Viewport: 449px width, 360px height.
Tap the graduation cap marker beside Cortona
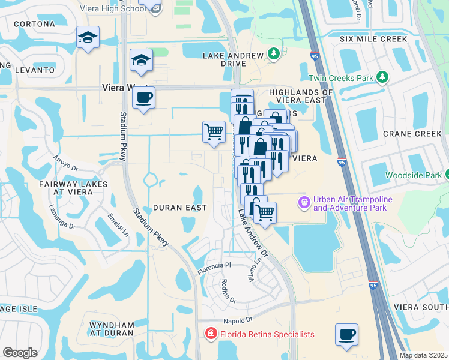click(88, 38)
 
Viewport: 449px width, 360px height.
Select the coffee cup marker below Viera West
click(143, 98)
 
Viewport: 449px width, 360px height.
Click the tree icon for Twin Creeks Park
click(382, 77)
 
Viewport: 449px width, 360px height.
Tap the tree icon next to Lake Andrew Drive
click(274, 55)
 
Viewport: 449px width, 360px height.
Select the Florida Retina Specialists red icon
click(211, 334)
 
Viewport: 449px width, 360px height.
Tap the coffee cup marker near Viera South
click(346, 335)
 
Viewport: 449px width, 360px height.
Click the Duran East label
click(179, 208)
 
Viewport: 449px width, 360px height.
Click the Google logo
click(20, 353)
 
